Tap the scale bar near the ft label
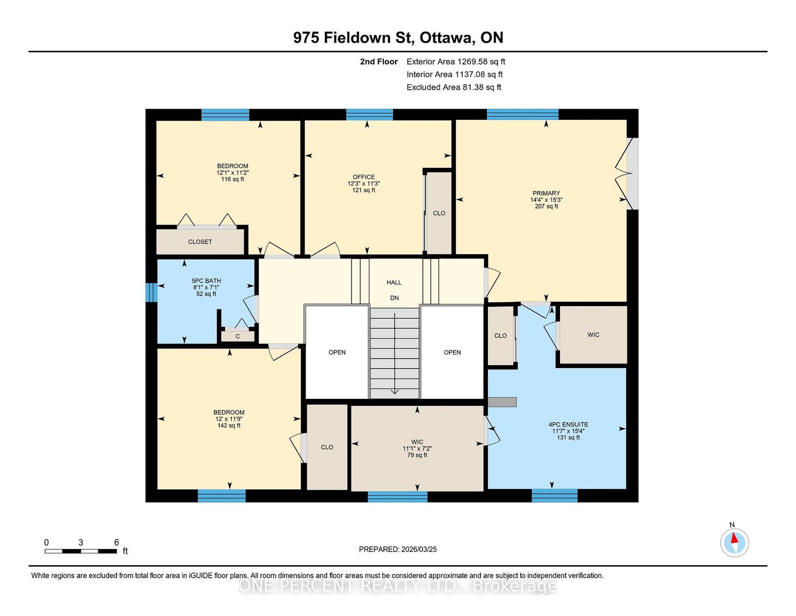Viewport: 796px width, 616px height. point(81,551)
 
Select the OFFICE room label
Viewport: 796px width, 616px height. point(363,177)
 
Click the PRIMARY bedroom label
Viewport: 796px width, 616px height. point(546,193)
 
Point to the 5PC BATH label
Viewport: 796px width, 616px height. point(206,281)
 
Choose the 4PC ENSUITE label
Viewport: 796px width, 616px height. point(569,424)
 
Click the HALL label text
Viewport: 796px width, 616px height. point(394,282)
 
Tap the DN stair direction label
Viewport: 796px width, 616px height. point(394,298)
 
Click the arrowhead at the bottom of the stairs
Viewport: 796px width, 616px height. point(394,391)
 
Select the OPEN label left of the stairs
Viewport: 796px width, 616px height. point(337,352)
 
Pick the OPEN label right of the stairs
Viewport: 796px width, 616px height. point(452,352)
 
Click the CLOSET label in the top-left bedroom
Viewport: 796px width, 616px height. point(200,242)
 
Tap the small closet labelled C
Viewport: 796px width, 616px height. point(238,336)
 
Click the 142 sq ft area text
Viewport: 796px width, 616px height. point(229,425)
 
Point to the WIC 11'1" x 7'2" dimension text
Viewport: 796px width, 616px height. point(417,448)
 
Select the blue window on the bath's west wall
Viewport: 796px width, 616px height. point(151,292)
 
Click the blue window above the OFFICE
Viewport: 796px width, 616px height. point(370,115)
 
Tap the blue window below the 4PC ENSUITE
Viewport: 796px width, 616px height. point(554,496)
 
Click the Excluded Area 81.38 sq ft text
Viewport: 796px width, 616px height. point(454,87)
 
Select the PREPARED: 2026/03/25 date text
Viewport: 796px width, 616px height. point(398,549)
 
